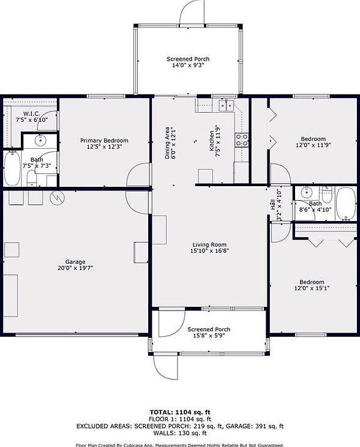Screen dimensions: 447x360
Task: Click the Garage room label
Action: tap(75, 261)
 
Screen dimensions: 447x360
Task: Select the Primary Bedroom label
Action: tap(104, 141)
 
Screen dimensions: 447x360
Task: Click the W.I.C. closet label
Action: tap(32, 114)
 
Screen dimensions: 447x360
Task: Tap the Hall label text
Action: tap(272, 205)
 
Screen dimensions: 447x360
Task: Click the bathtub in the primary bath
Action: tap(12, 168)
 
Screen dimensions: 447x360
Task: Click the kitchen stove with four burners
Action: tap(241, 139)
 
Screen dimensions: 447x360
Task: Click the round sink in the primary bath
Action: tap(40, 141)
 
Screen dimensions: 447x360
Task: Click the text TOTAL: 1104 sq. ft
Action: tap(180, 411)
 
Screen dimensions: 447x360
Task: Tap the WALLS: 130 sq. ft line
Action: tap(180, 432)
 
